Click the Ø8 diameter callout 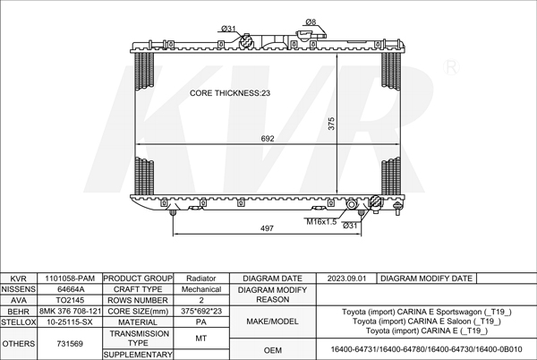[x=311, y=21]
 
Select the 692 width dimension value [x=268, y=139]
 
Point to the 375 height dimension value [x=331, y=124]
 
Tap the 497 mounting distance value [x=267, y=228]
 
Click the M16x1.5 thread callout [x=321, y=222]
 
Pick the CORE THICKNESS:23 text [x=230, y=93]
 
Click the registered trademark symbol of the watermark [x=451, y=67]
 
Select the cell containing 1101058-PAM [x=70, y=279]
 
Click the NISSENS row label [x=19, y=289]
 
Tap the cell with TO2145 [x=70, y=300]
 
